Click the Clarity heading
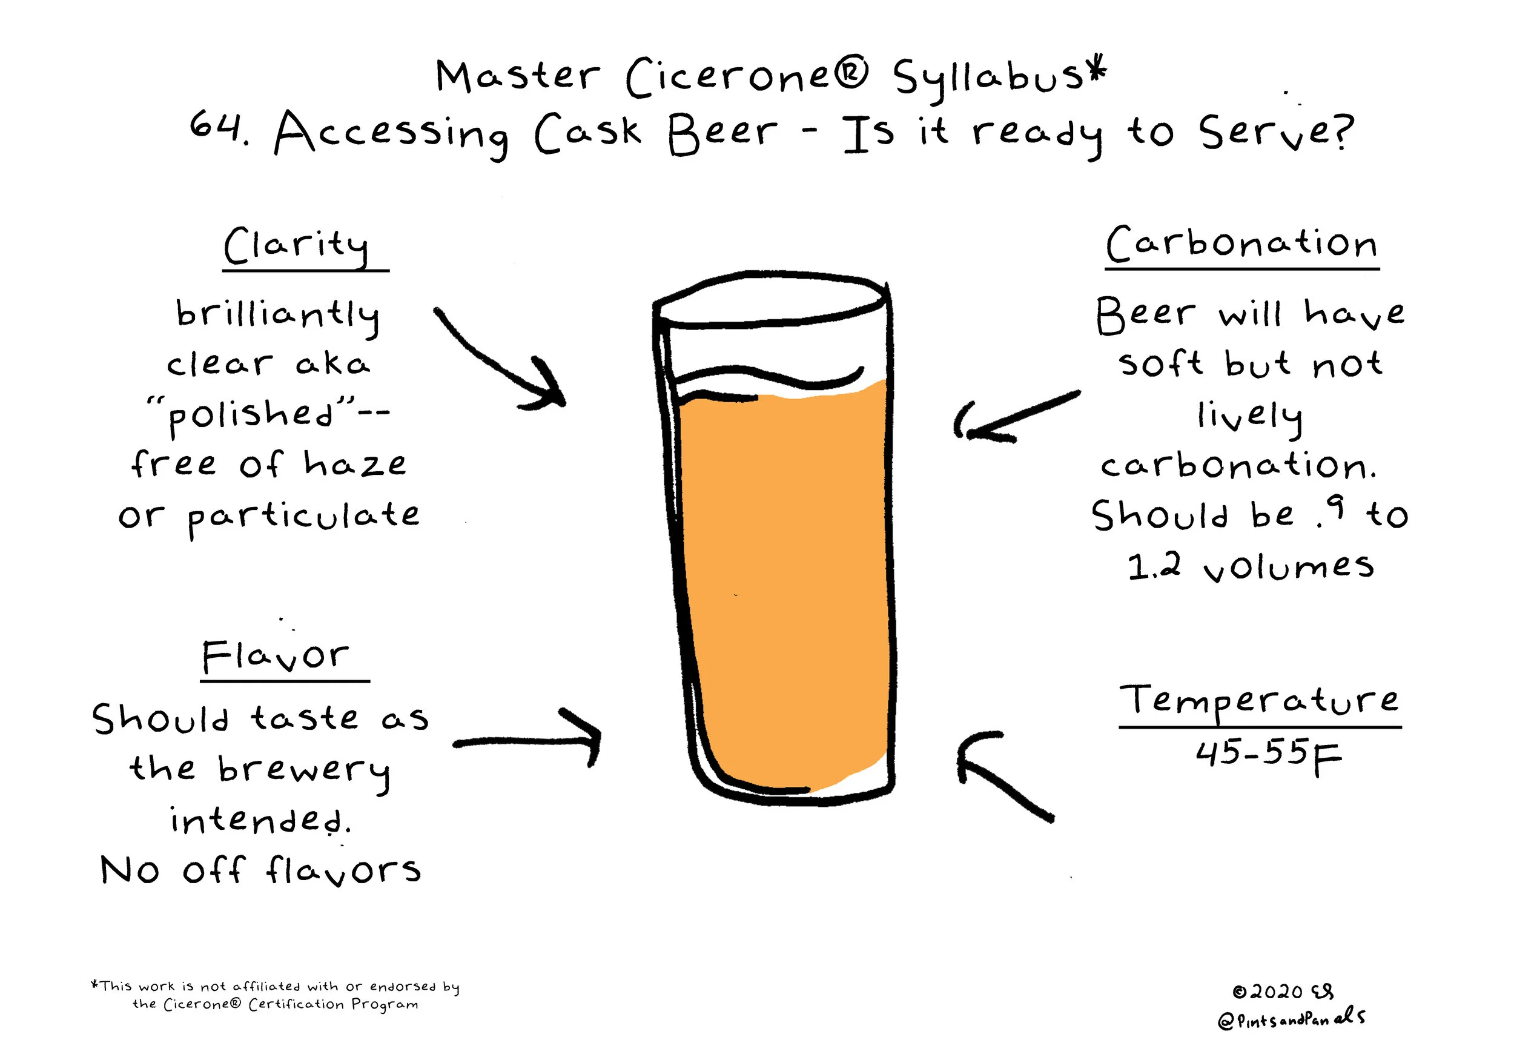(296, 246)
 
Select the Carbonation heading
(1241, 243)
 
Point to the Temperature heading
(1259, 701)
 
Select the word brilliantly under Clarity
(277, 316)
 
